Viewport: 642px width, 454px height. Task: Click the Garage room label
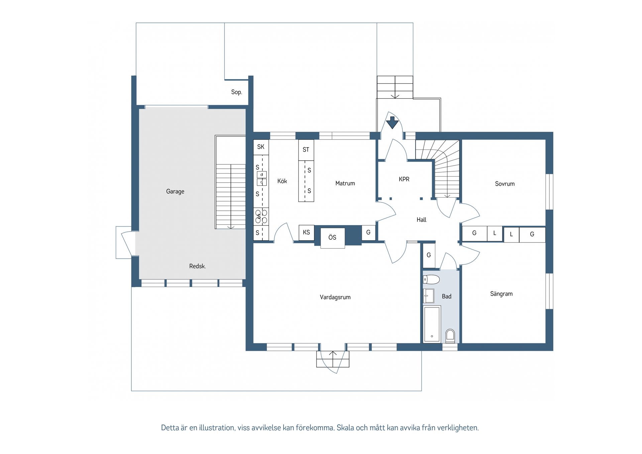pyautogui.click(x=175, y=191)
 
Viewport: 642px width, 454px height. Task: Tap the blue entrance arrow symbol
pyautogui.click(x=392, y=122)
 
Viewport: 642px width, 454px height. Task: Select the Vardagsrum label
pyautogui.click(x=335, y=297)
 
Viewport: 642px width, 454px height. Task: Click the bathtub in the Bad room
pyautogui.click(x=432, y=324)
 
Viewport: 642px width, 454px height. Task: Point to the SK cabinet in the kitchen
pyautogui.click(x=261, y=147)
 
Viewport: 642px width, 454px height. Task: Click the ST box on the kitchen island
pyautogui.click(x=306, y=150)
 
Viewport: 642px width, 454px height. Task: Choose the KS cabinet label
pyautogui.click(x=306, y=232)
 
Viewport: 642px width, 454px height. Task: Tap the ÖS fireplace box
pyautogui.click(x=332, y=238)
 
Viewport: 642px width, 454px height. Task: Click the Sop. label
pyautogui.click(x=236, y=92)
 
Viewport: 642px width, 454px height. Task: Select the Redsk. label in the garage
pyautogui.click(x=197, y=266)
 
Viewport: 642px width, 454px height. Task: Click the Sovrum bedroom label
pyautogui.click(x=505, y=184)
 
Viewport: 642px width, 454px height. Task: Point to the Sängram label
pyautogui.click(x=501, y=294)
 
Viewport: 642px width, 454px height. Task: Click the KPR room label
pyautogui.click(x=404, y=179)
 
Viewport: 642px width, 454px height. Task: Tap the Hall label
pyautogui.click(x=421, y=220)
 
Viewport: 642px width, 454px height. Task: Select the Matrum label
pyautogui.click(x=345, y=183)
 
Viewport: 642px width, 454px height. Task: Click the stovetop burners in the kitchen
pyautogui.click(x=261, y=216)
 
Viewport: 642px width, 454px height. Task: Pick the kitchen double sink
pyautogui.click(x=261, y=178)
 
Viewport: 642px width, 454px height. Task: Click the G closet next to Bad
pyautogui.click(x=429, y=255)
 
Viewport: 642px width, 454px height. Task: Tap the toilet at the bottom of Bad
pyautogui.click(x=450, y=336)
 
